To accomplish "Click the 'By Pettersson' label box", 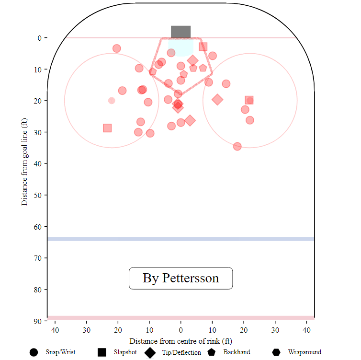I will (x=180, y=278).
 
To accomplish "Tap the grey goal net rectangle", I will (x=180, y=32).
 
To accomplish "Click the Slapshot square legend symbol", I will (x=102, y=352).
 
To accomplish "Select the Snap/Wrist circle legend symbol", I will (x=34, y=352).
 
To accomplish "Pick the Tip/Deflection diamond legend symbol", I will (x=150, y=352).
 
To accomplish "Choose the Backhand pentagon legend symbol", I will (x=212, y=352).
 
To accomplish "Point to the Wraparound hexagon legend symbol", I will (x=276, y=352).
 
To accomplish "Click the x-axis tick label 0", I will (x=180, y=330).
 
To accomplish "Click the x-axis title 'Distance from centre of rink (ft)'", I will (x=180, y=341).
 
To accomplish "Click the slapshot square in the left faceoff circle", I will (x=107, y=128).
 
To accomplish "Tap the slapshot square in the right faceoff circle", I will (x=249, y=100).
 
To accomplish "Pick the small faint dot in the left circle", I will (x=112, y=101).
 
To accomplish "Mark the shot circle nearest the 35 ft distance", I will (x=237, y=146).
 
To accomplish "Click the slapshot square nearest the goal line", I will (x=203, y=46).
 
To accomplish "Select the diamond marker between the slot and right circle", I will (x=217, y=99).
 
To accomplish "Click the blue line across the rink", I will (x=180, y=239).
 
